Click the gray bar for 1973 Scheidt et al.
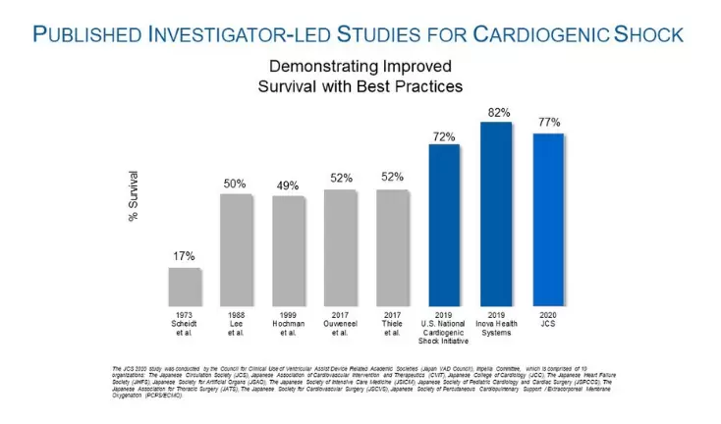(x=184, y=287)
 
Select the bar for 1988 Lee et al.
(x=236, y=250)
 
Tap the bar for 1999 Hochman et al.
(x=288, y=251)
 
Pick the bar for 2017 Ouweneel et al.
(x=340, y=248)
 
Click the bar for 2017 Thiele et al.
(x=392, y=248)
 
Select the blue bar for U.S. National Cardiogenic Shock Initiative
(x=444, y=226)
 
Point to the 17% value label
(x=184, y=257)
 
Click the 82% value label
(x=497, y=113)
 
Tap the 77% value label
(x=549, y=123)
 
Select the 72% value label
(x=444, y=135)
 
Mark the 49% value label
(x=288, y=185)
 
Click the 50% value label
(x=236, y=184)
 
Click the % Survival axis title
(x=134, y=197)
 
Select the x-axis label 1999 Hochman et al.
(x=288, y=325)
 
